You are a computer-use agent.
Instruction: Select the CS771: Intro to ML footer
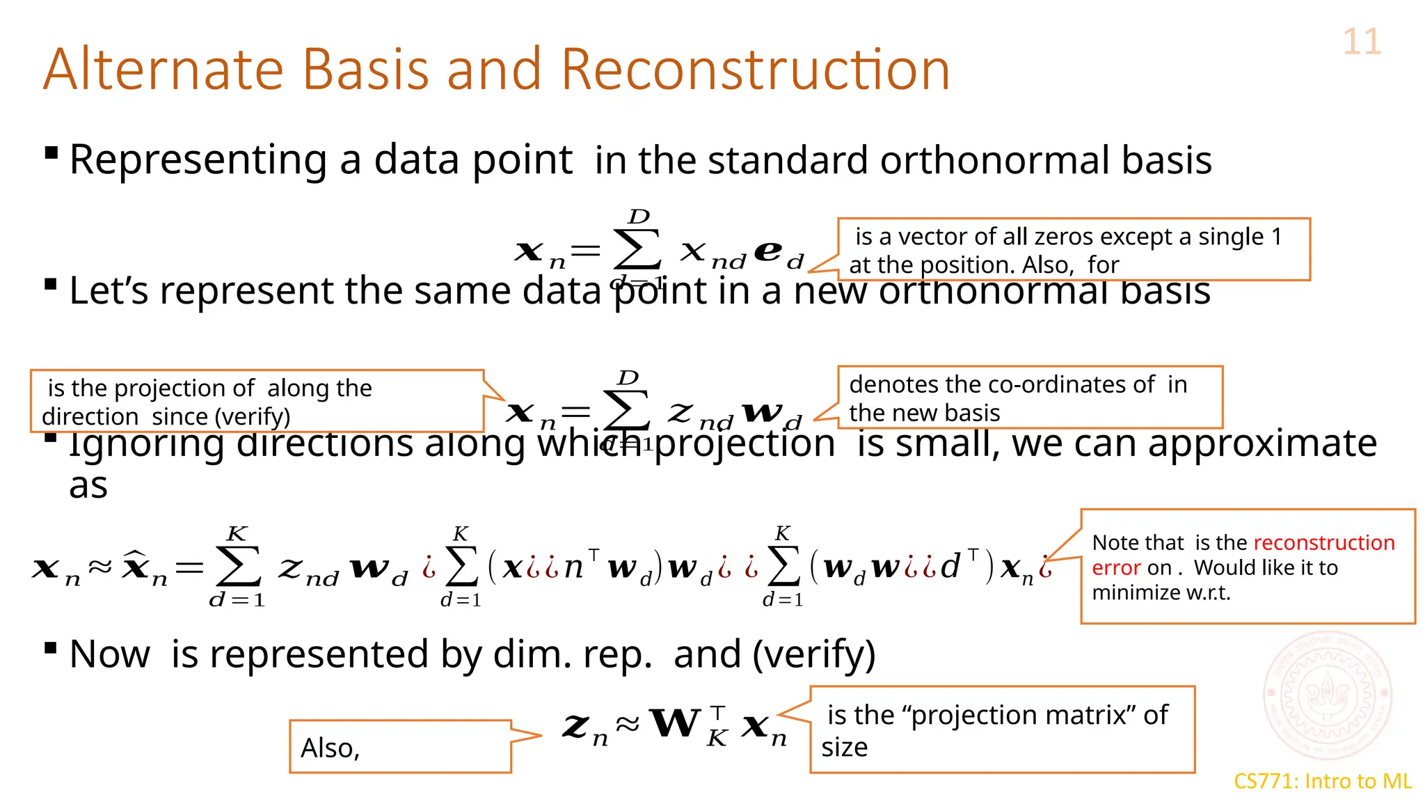pos(1323,781)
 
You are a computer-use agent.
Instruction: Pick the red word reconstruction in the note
pos(1324,542)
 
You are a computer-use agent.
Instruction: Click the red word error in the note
pos(1116,568)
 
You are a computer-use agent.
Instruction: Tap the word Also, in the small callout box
pos(330,748)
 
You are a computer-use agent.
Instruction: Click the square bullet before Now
pos(50,649)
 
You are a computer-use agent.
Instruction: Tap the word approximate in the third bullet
pos(1262,443)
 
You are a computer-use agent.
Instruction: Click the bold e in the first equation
pos(768,251)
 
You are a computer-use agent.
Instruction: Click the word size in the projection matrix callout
pos(844,748)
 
